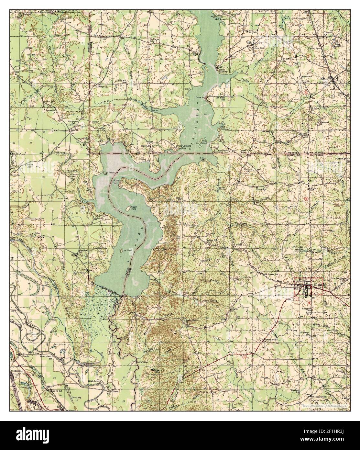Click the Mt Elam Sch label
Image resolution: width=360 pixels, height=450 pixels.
(x=222, y=98)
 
